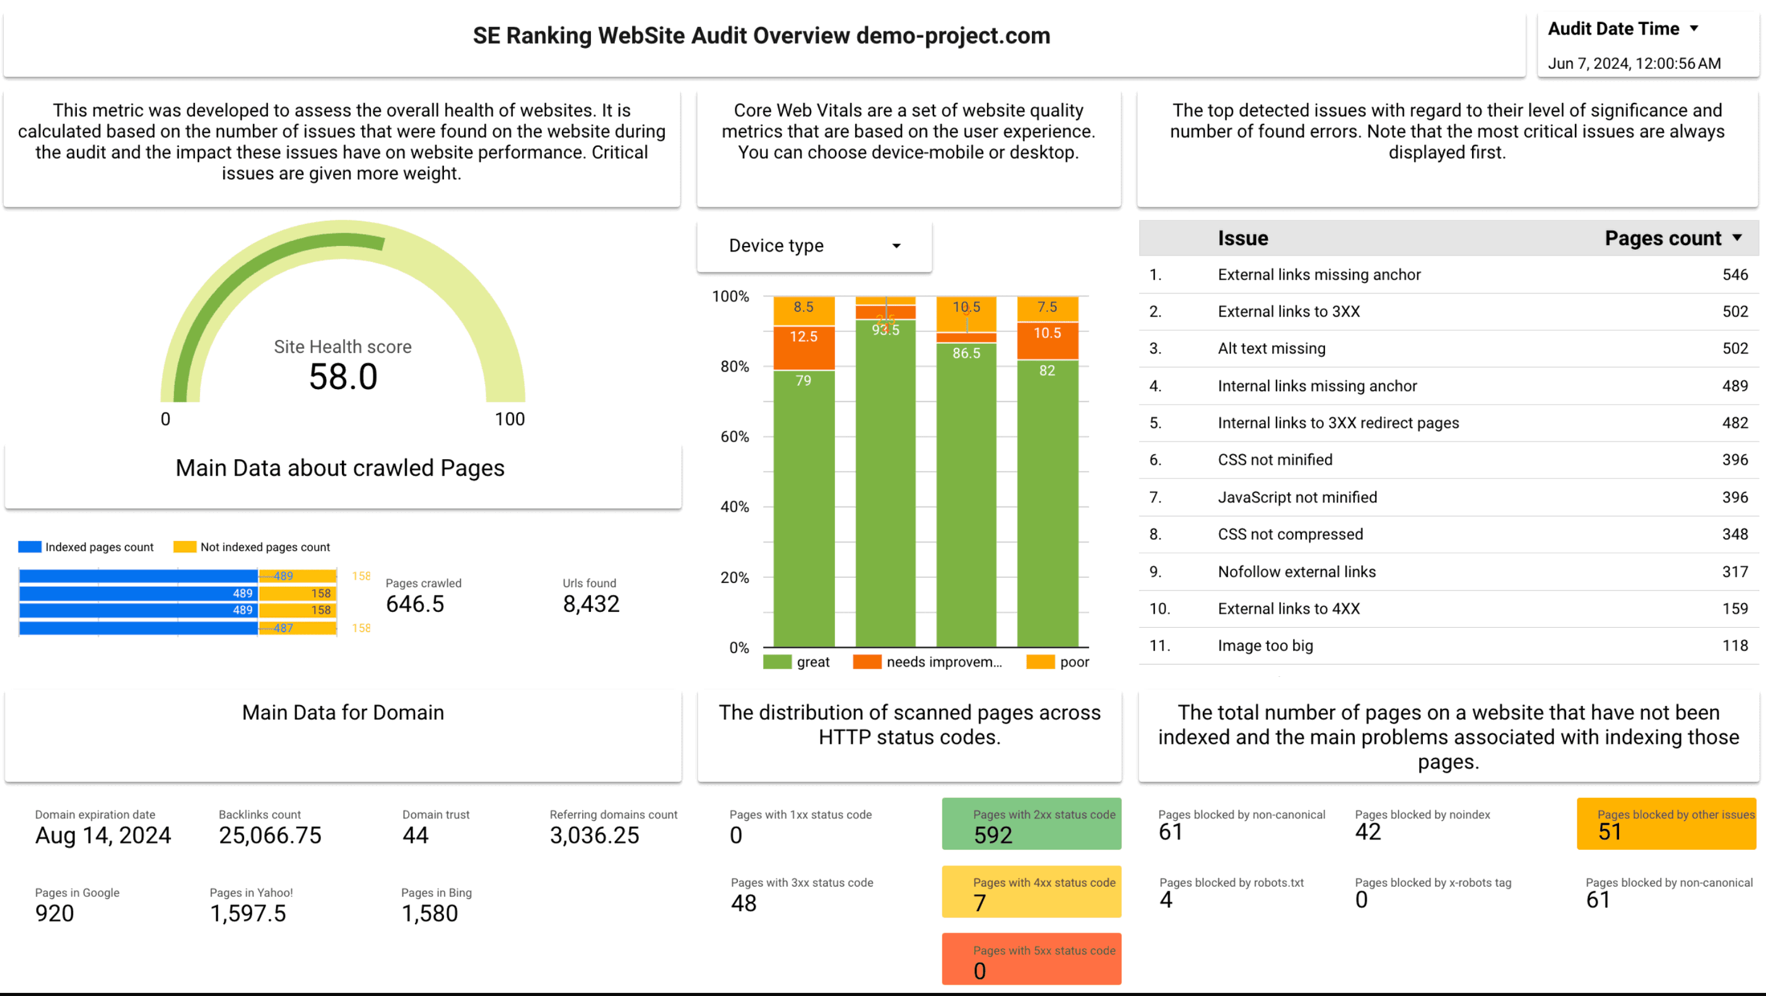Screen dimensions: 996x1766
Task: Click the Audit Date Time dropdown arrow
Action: [x=1694, y=28]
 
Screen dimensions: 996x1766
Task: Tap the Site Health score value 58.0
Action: [x=342, y=377]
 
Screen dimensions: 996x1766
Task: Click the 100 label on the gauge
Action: [x=510, y=419]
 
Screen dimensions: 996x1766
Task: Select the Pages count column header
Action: [x=1663, y=238]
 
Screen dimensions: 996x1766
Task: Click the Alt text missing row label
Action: [x=1271, y=348]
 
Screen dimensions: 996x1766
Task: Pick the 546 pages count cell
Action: [x=1734, y=274]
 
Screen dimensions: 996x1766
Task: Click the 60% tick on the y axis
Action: [x=734, y=436]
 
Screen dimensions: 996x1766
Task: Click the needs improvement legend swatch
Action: [x=867, y=662]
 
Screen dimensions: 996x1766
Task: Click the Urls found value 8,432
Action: [x=591, y=604]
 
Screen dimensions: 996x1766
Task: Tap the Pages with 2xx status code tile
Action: [x=1031, y=824]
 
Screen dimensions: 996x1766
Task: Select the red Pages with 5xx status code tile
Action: [x=1031, y=959]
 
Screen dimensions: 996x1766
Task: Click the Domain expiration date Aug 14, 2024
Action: [x=103, y=835]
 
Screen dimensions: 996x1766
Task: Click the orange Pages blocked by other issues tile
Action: [x=1666, y=824]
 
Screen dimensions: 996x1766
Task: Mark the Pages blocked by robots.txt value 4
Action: [x=1166, y=899]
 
